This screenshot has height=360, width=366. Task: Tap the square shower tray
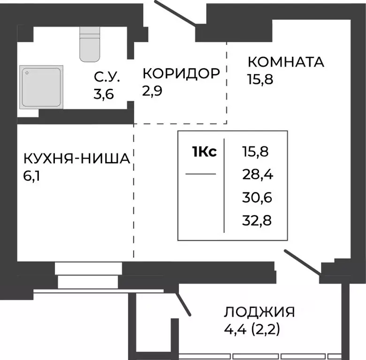[41, 87]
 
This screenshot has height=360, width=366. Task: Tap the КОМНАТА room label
[286, 62]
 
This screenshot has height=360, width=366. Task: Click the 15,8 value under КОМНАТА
[260, 78]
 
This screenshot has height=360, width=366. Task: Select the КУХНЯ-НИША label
[76, 159]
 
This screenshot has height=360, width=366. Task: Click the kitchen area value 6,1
[32, 177]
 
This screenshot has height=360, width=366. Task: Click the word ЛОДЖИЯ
[259, 312]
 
